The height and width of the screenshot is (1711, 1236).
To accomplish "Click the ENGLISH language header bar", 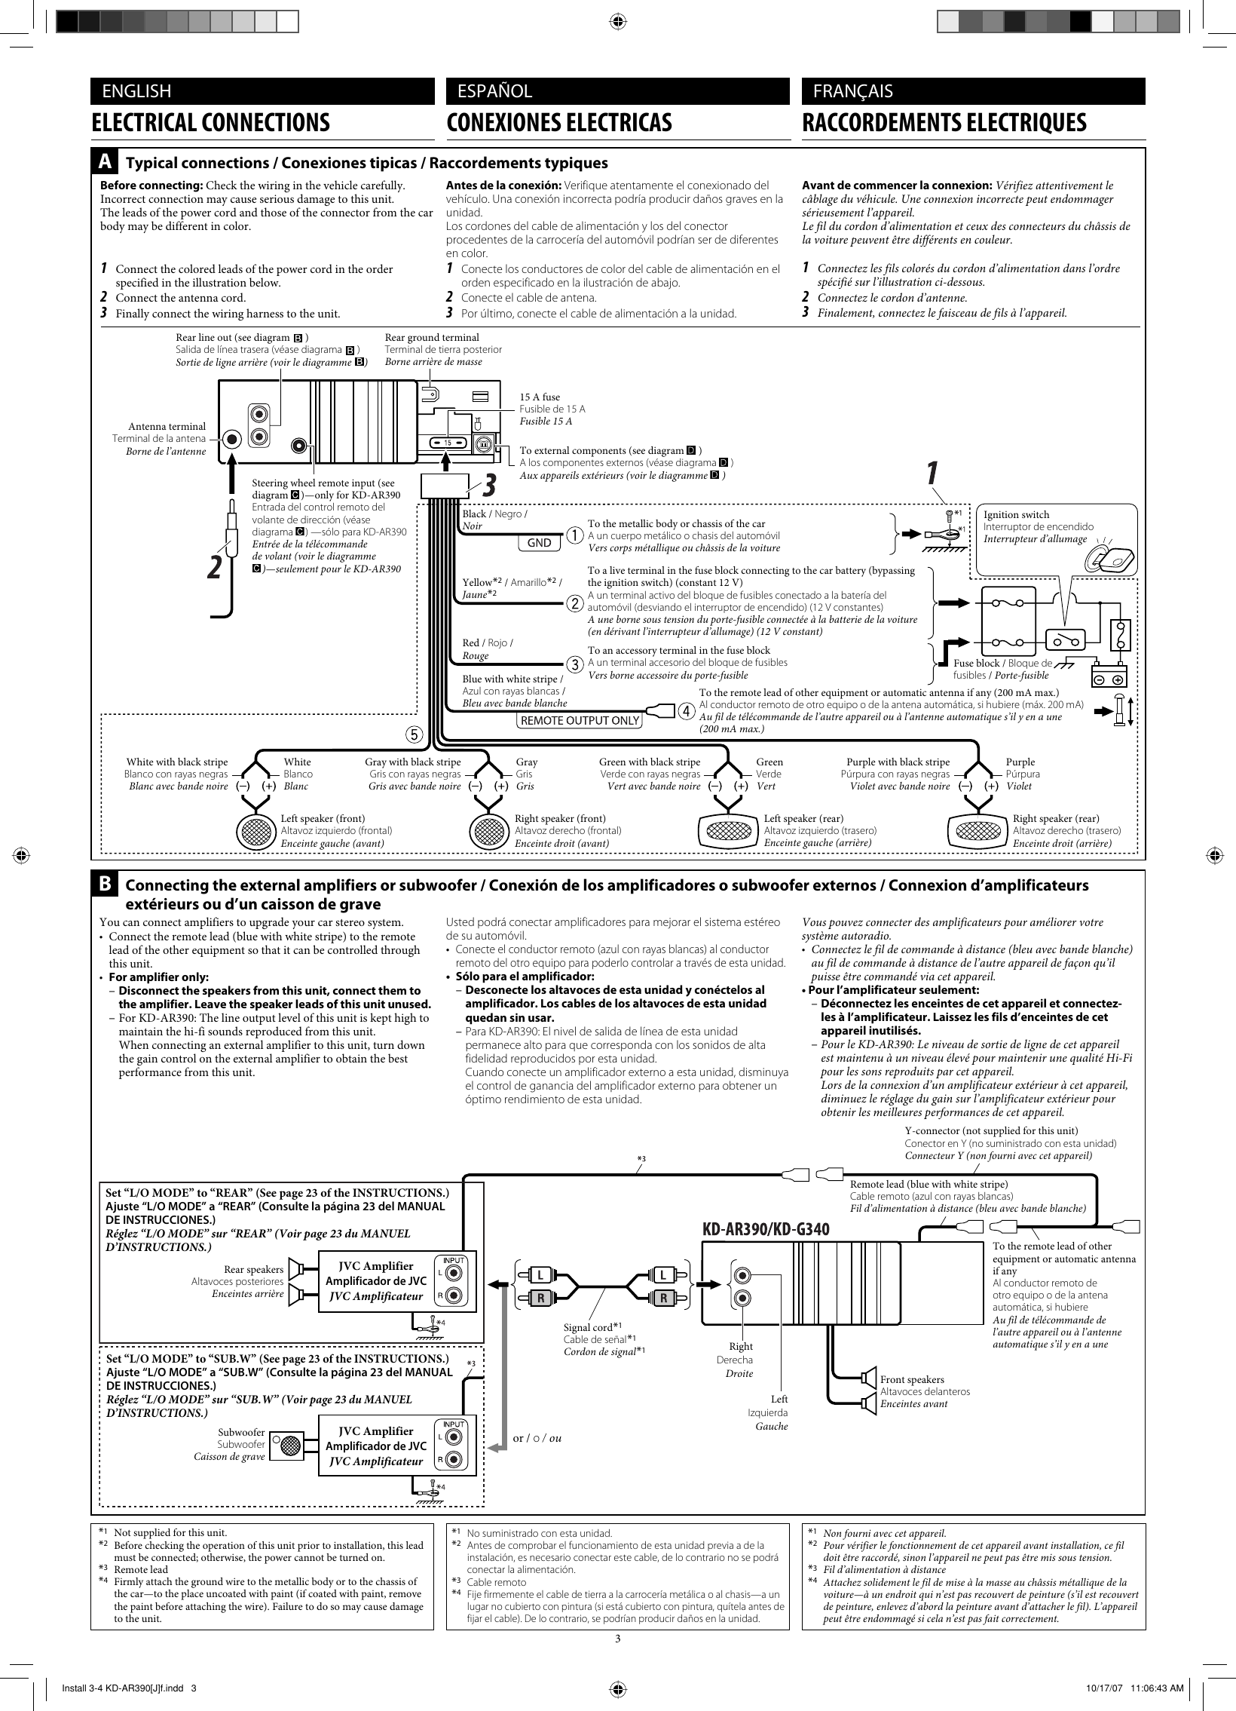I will click(x=262, y=91).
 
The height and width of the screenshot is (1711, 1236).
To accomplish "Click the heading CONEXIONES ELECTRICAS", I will click(x=558, y=123).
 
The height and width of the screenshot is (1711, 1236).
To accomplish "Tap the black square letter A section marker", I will click(x=106, y=162).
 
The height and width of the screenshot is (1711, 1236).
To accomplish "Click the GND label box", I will click(x=538, y=542).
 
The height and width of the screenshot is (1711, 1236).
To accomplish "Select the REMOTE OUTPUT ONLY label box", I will click(x=579, y=719).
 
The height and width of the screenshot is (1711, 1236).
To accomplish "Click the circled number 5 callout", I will click(x=414, y=732).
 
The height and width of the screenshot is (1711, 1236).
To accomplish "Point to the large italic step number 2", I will click(x=216, y=568).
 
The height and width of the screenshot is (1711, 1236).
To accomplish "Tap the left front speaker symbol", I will click(x=255, y=831).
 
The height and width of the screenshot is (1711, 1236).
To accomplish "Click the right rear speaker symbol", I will click(x=977, y=830).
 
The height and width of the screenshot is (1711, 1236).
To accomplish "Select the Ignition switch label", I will click(x=1016, y=514).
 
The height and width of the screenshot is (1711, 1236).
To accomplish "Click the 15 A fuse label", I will click(x=540, y=397).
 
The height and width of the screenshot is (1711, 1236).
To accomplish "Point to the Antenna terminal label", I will click(x=166, y=427).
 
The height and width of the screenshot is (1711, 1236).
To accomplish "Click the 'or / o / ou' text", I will click(x=537, y=1438).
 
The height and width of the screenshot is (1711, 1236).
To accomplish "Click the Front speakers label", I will click(x=912, y=1379).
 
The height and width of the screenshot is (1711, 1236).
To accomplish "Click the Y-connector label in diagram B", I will click(x=991, y=1130).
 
